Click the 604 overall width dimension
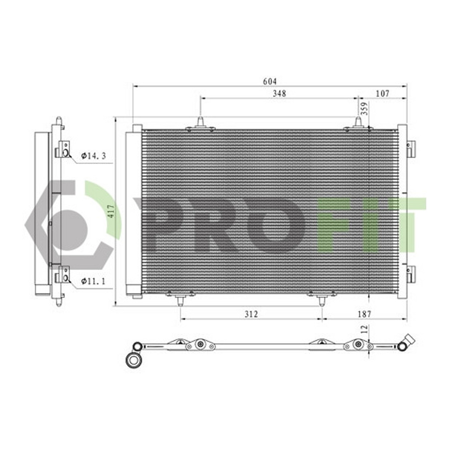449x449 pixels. click(270, 81)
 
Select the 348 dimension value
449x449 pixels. click(280, 94)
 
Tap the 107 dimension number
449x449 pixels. click(383, 94)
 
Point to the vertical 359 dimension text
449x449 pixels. click(365, 109)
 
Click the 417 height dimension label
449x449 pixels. click(112, 211)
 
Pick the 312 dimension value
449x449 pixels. click(251, 314)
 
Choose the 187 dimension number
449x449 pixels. click(364, 314)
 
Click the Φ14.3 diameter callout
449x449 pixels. click(94, 155)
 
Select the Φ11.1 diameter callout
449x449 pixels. click(93, 281)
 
